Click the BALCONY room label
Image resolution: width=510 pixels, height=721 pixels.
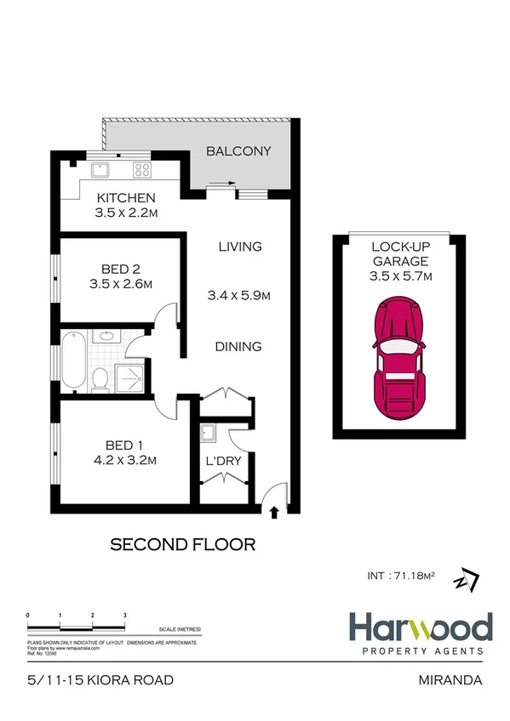click(239, 151)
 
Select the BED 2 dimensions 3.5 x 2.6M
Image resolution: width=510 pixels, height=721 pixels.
click(119, 285)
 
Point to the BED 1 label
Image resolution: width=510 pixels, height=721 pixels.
click(118, 445)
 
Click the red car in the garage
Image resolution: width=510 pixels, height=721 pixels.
click(398, 357)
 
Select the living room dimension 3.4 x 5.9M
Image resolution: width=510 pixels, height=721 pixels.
click(238, 296)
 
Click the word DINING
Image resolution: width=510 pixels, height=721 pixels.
click(238, 347)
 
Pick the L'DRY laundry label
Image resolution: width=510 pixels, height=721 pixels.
click(225, 462)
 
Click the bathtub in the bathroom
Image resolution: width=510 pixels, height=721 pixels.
click(72, 361)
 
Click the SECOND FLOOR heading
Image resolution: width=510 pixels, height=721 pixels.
click(183, 544)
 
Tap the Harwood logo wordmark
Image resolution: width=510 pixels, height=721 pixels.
click(420, 629)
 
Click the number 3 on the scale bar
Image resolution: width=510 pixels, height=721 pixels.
click(125, 614)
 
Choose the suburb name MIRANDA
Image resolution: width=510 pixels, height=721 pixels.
click(452, 680)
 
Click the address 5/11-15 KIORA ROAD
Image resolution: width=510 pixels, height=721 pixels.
click(100, 680)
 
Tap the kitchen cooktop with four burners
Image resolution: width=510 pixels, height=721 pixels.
click(141, 170)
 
